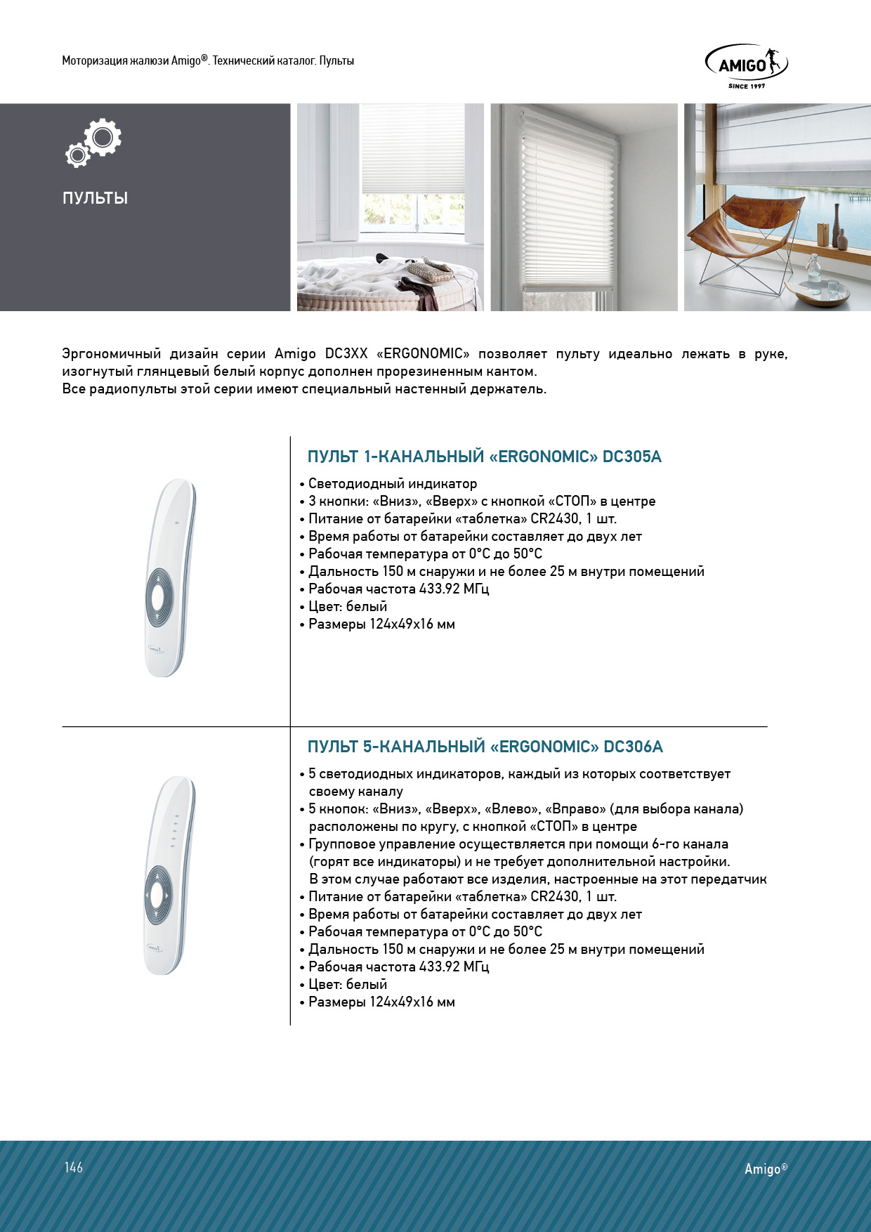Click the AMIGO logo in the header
(x=745, y=65)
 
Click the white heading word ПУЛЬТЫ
(x=95, y=198)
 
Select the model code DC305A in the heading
(x=631, y=457)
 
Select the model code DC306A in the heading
(x=633, y=747)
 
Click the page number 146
(x=74, y=1167)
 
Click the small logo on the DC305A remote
(x=155, y=650)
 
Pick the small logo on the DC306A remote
(x=155, y=947)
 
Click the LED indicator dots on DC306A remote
(x=174, y=832)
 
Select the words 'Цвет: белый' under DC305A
(x=348, y=606)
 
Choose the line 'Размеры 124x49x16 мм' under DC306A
(x=381, y=1002)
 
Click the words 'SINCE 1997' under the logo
(x=747, y=86)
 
